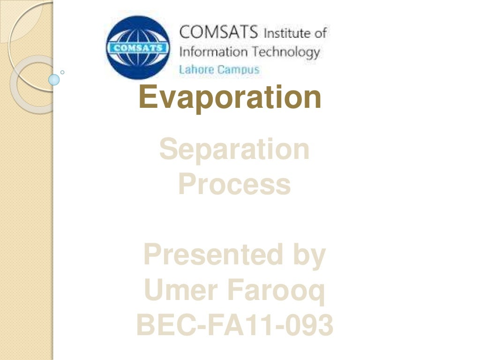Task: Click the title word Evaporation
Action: (x=230, y=97)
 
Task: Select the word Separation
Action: (x=234, y=150)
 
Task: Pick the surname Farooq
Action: (x=276, y=291)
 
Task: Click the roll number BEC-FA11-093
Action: (x=234, y=325)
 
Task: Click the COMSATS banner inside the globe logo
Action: (x=138, y=48)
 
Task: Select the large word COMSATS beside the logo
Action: (x=218, y=32)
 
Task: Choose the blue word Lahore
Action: (x=196, y=69)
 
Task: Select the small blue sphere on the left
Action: (x=54, y=79)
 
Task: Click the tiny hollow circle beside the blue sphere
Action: (x=63, y=73)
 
